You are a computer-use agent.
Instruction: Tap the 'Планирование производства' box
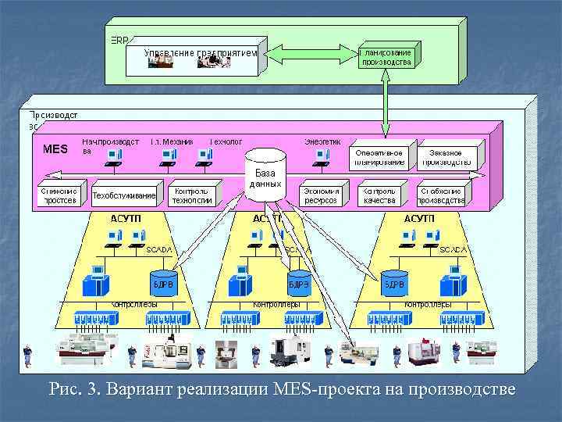[x=386, y=57]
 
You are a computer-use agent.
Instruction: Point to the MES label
[x=55, y=149]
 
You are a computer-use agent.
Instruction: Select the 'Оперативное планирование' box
[x=379, y=157]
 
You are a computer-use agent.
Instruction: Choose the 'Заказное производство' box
[x=446, y=157]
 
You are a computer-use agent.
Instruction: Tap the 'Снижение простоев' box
[x=59, y=195]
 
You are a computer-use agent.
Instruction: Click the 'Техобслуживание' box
[x=124, y=195]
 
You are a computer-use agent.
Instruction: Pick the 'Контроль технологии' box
[x=192, y=195]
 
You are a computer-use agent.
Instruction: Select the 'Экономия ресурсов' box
[x=321, y=195]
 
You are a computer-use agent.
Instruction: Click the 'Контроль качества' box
[x=380, y=195]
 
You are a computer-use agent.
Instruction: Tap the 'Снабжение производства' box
[x=442, y=195]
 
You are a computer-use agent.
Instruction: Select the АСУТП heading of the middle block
[x=268, y=219]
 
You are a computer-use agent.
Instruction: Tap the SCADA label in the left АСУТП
[x=158, y=249]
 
